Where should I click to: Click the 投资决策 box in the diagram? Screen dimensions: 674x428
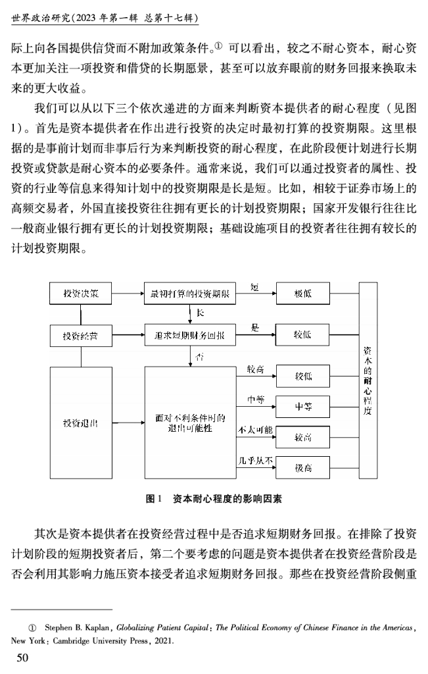click(81, 293)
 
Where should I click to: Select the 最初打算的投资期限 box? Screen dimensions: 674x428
click(189, 293)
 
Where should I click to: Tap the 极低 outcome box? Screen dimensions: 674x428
click(303, 293)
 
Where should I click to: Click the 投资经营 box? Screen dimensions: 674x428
click(81, 335)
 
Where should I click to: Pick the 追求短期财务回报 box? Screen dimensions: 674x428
click(189, 335)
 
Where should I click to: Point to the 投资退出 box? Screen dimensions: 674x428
click(81, 422)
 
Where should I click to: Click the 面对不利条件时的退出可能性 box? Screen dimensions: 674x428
click(189, 422)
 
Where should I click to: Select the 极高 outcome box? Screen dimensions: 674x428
click(303, 467)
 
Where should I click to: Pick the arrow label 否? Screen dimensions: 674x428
click(199, 357)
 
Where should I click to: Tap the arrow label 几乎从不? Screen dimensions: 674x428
click(254, 459)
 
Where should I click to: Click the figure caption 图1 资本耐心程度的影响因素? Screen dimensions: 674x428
click(214, 498)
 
